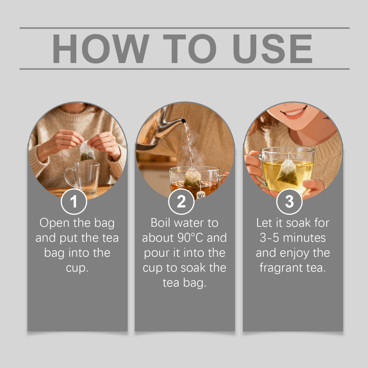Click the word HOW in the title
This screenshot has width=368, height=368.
point(101,49)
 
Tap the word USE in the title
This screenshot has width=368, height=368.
point(272,49)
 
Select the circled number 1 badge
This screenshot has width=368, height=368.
point(74,201)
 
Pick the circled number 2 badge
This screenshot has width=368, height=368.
point(181,201)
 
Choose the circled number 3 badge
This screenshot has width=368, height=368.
point(289,201)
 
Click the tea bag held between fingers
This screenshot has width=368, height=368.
point(87,151)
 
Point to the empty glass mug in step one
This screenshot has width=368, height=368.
point(83,178)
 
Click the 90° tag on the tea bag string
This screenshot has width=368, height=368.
point(201,195)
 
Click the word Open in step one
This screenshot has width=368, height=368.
point(54,223)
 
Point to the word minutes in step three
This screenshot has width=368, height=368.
point(305,237)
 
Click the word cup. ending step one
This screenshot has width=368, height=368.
point(77,268)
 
